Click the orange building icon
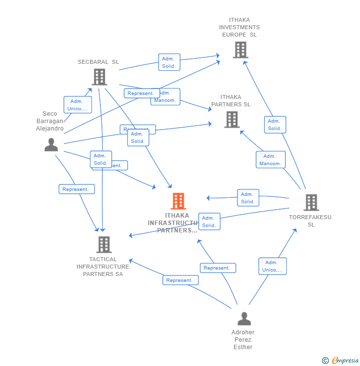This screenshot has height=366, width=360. (x=179, y=201)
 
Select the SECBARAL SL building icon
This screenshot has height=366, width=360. (x=99, y=77)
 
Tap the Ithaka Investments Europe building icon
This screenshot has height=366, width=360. (x=240, y=50)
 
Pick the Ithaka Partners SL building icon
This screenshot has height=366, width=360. (x=232, y=120)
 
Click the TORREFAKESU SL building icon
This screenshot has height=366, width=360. (x=311, y=202)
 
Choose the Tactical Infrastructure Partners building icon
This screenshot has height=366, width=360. (x=104, y=244)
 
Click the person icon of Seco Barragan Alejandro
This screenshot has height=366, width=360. (x=51, y=145)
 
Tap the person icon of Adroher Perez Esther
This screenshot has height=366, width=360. (x=244, y=319)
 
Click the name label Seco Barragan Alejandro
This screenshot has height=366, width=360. (x=50, y=121)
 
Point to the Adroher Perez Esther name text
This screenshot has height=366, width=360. (x=243, y=340)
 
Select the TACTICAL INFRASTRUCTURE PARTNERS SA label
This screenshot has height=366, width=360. (x=103, y=267)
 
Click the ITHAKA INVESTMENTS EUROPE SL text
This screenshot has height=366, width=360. (x=239, y=28)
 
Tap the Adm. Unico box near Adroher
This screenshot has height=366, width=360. (x=272, y=266)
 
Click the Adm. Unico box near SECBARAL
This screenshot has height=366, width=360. (x=78, y=105)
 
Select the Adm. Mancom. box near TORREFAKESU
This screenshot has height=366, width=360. (x=270, y=160)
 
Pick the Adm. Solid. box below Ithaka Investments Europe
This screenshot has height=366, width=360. (x=275, y=125)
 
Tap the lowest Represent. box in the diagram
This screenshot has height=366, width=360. (x=180, y=280)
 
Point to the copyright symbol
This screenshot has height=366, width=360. (x=325, y=361)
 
